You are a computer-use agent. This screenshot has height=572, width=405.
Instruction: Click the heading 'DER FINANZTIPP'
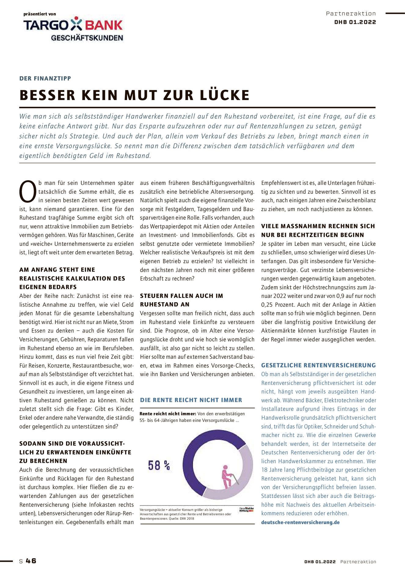(45, 78)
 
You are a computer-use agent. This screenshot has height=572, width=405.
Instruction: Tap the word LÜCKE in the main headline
(225, 95)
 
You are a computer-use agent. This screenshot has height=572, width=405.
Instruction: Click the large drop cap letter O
(28, 192)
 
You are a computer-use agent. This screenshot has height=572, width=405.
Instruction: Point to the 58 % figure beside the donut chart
(159, 465)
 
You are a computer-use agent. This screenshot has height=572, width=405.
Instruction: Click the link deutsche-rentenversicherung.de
(300, 522)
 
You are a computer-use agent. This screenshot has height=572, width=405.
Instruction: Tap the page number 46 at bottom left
(31, 561)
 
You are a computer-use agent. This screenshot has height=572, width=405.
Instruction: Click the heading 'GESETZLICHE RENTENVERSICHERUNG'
(318, 365)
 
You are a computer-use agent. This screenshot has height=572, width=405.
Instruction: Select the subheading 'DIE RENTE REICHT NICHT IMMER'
(191, 400)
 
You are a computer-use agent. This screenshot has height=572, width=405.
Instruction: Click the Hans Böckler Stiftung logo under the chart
(246, 509)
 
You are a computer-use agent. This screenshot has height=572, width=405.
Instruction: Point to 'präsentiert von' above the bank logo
(40, 14)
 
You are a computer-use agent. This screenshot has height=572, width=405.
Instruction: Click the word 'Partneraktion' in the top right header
(351, 13)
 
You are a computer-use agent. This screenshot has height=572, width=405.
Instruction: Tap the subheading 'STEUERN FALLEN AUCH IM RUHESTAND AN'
(181, 300)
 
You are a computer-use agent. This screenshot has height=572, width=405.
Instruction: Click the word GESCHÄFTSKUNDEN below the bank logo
(87, 38)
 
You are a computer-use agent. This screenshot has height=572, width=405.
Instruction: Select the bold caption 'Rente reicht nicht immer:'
(168, 414)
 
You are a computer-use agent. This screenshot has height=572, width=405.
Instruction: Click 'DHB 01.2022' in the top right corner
(355, 22)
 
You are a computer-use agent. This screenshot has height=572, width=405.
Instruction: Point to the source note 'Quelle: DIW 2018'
(181, 518)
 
